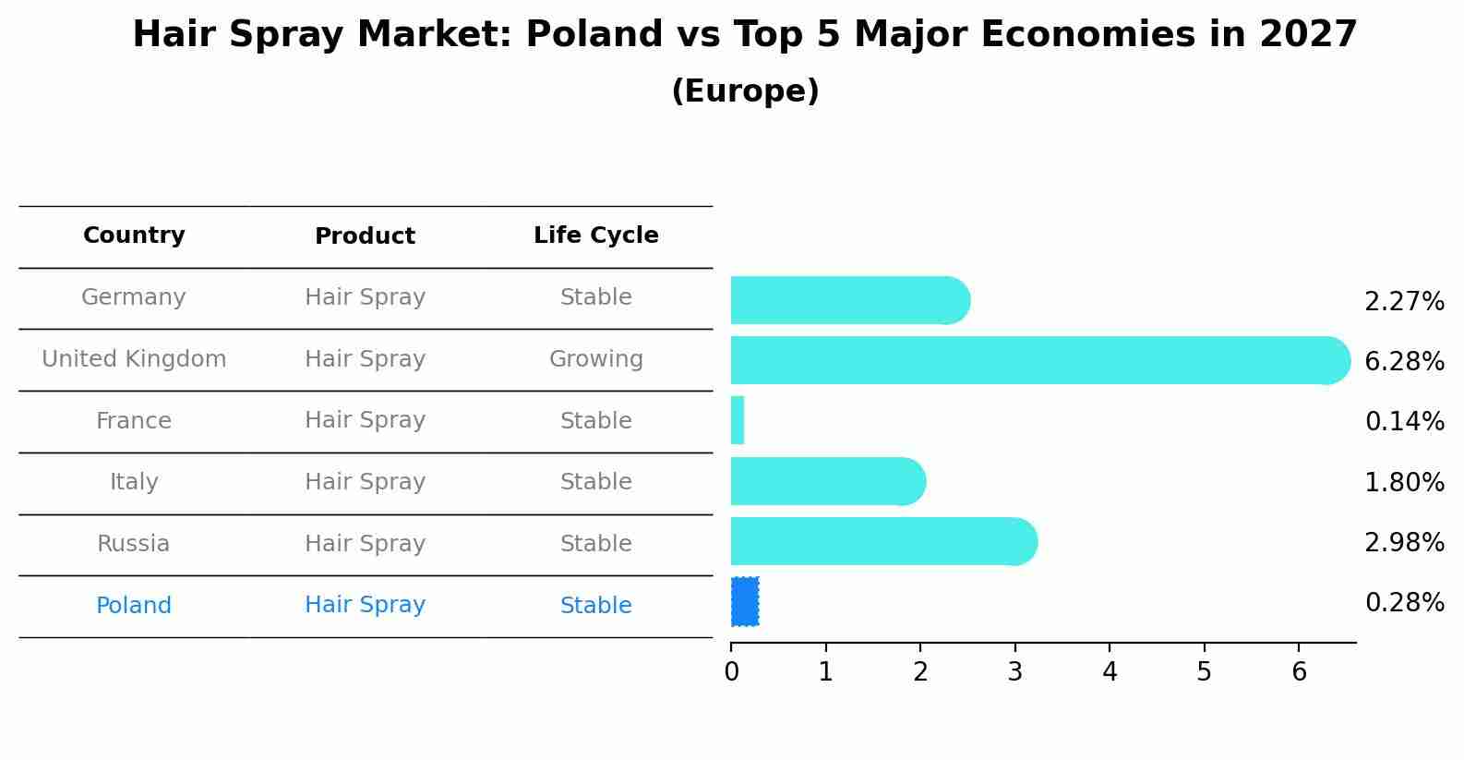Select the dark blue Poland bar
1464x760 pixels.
[x=745, y=602]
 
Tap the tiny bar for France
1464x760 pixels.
[x=738, y=420]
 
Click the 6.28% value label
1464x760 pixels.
[x=1404, y=361]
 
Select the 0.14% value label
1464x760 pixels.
[x=1404, y=422]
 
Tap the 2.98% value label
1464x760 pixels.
[x=1404, y=543]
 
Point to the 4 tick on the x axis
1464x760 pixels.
[x=1110, y=671]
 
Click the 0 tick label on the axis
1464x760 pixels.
[x=731, y=671]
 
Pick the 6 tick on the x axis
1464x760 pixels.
[x=1299, y=671]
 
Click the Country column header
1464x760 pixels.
[x=134, y=235]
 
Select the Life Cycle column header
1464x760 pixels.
[x=596, y=235]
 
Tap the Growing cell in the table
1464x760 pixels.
[x=596, y=359]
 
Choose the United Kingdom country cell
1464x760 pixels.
[x=134, y=359]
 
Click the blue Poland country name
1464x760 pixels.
[x=134, y=606]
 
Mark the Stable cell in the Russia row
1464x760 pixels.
[x=596, y=544]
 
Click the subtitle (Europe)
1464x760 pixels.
[x=745, y=91]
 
